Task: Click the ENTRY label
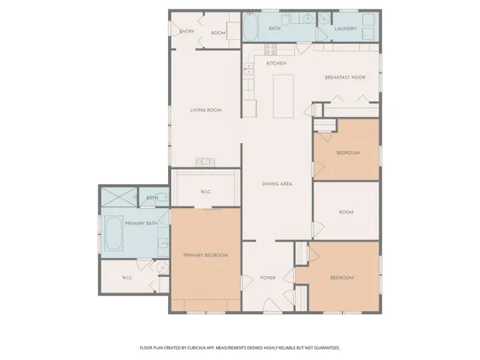pyautogui.click(x=187, y=32)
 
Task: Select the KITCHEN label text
pyautogui.click(x=276, y=63)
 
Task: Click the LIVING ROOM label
pyautogui.click(x=206, y=110)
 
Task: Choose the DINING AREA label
pyautogui.click(x=277, y=184)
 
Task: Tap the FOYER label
pyautogui.click(x=268, y=278)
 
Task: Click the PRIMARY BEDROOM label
pyautogui.click(x=206, y=255)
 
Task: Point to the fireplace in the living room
pyautogui.click(x=207, y=162)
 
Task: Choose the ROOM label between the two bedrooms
pyautogui.click(x=346, y=212)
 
